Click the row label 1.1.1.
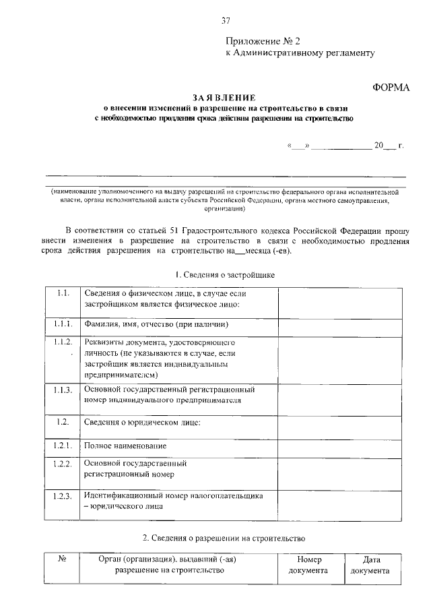(63, 324)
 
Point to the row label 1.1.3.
(63, 390)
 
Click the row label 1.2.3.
(63, 497)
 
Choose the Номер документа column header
(308, 565)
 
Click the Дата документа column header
(371, 565)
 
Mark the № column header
(62, 559)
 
